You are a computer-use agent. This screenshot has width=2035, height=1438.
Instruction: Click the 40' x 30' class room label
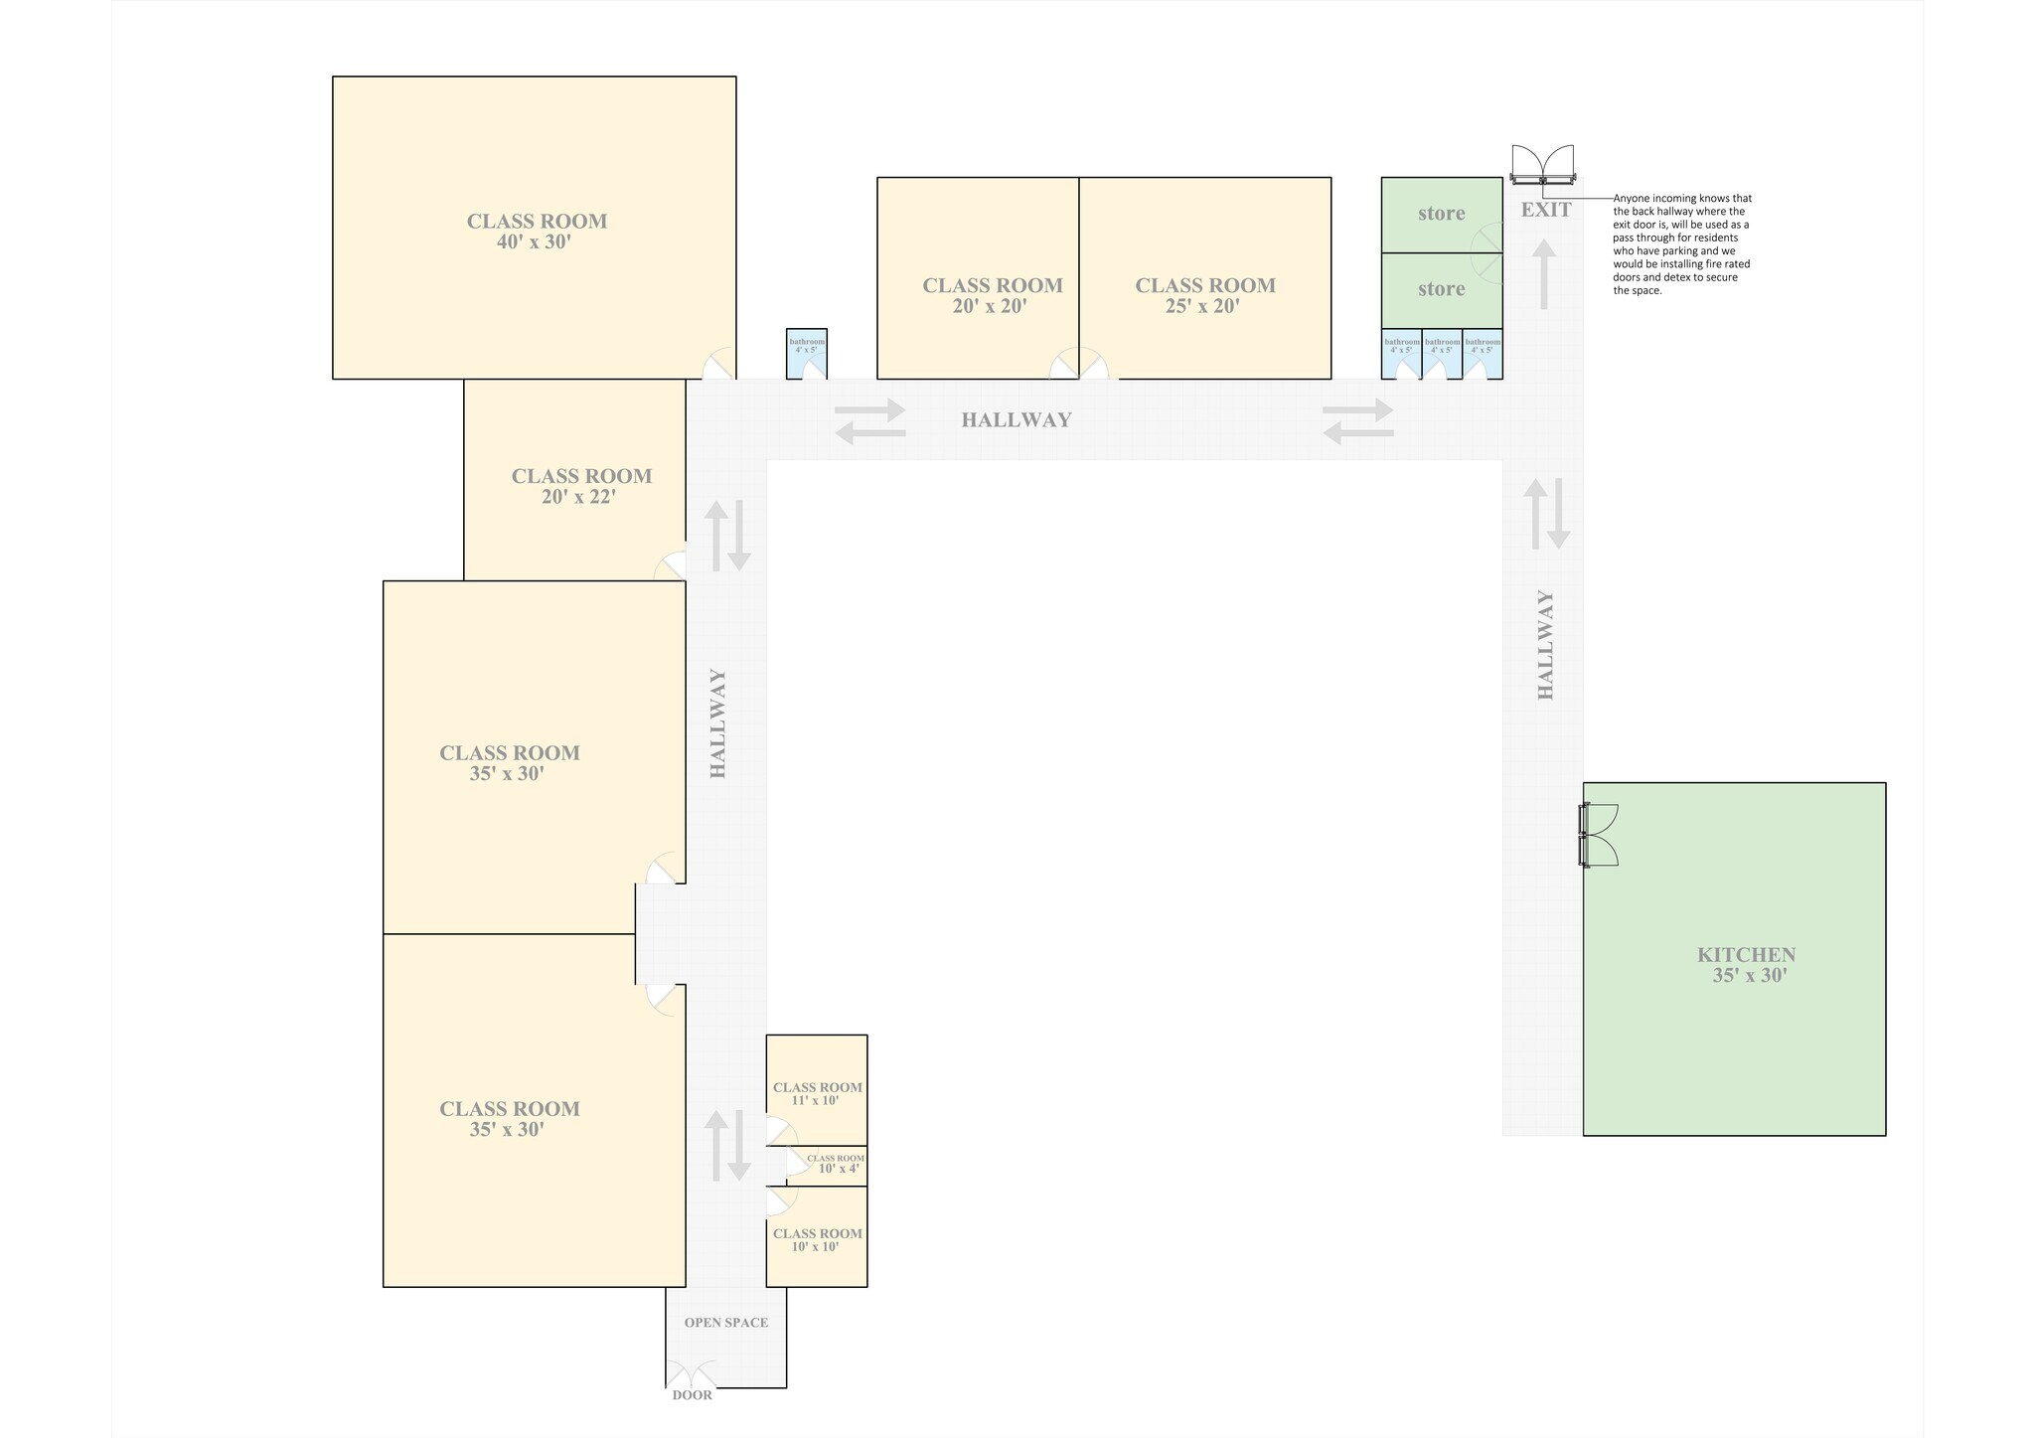tap(537, 231)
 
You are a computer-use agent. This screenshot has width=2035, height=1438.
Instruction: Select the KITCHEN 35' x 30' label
tap(1746, 964)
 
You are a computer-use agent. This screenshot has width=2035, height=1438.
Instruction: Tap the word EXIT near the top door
tap(1546, 210)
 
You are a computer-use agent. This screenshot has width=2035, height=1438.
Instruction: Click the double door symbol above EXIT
tap(1542, 165)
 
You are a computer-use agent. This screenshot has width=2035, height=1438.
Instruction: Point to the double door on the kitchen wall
tap(1599, 835)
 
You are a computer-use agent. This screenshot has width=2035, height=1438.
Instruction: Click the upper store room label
tap(1441, 214)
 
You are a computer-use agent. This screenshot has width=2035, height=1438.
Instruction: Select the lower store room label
tap(1441, 289)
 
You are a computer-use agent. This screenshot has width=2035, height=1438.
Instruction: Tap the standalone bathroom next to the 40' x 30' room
tap(807, 353)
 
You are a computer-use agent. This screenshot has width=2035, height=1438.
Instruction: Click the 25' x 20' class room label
tap(1204, 295)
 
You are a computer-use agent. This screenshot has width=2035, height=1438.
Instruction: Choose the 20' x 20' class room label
tap(992, 295)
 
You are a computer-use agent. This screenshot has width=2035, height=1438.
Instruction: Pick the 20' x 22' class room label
tap(581, 486)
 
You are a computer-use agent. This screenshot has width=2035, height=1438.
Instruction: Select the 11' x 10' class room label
tap(817, 1093)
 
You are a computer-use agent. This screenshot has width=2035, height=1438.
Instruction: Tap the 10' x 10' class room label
tap(817, 1239)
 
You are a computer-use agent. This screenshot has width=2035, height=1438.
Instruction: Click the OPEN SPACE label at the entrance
tap(725, 1323)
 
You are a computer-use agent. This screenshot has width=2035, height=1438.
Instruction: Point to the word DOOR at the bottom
tap(692, 1395)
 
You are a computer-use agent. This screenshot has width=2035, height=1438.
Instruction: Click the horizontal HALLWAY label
tap(1016, 420)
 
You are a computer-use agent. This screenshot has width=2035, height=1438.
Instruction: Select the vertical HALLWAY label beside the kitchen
tap(1545, 645)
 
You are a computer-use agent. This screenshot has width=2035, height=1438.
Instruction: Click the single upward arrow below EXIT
tap(1543, 274)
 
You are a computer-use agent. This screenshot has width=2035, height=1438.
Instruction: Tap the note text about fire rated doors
tap(1681, 244)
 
